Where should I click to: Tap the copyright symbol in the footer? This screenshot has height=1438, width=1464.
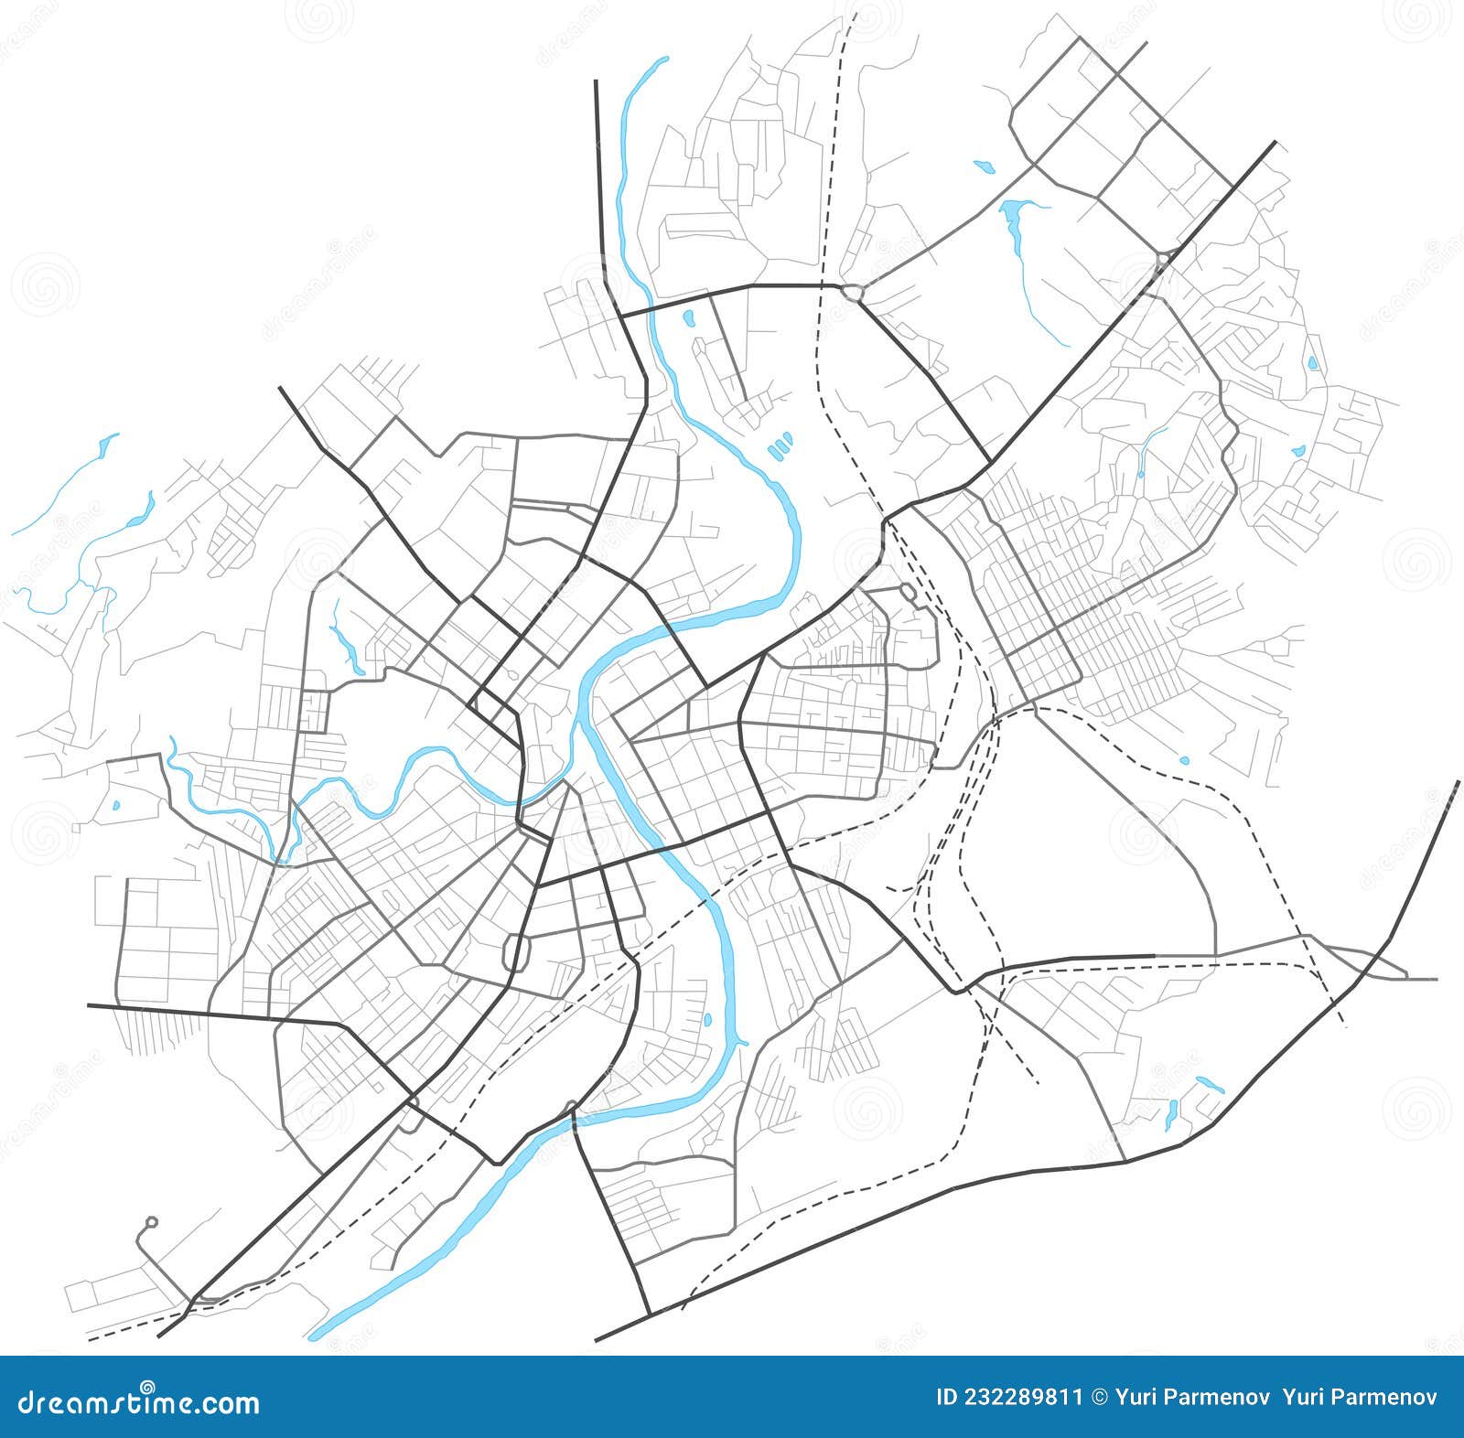[1100, 1398]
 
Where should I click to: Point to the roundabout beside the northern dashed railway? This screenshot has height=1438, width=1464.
[853, 293]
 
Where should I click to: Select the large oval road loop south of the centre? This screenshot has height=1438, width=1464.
[518, 952]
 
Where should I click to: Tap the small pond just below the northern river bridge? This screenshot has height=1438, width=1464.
[688, 319]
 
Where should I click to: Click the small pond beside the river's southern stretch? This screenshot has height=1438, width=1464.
[706, 1019]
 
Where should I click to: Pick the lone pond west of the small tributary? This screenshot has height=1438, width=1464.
[115, 806]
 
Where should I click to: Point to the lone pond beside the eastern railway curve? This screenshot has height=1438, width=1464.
[1185, 760]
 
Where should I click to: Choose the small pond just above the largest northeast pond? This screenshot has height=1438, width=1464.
[984, 166]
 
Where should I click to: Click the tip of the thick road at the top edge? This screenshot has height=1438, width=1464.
[596, 82]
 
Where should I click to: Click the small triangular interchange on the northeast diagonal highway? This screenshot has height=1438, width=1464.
[1162, 260]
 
